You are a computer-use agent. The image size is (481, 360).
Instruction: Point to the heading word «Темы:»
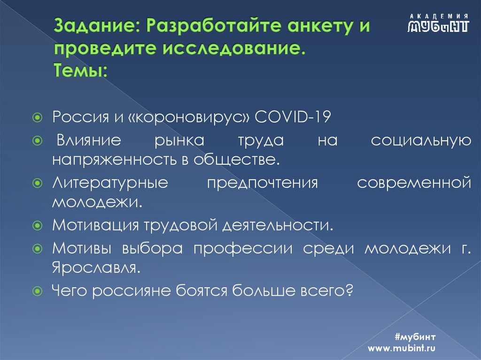point(80,71)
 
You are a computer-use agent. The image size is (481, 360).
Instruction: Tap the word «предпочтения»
point(263,182)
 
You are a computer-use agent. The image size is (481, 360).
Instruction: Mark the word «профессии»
point(249,248)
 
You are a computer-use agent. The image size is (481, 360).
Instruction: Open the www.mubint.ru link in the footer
point(402,348)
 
